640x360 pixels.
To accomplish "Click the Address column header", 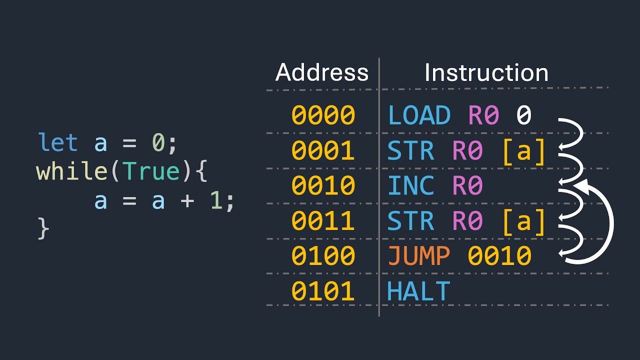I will click(322, 73).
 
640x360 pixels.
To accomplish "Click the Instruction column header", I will click(486, 73).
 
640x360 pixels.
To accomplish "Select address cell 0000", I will click(323, 115).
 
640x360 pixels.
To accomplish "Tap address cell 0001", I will click(323, 151).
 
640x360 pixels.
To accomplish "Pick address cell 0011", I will click(323, 221).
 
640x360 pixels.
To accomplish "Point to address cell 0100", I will click(323, 256).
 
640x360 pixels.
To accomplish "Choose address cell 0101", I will click(323, 291).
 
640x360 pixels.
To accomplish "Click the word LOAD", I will click(419, 115).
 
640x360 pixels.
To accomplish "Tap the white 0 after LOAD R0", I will click(523, 115).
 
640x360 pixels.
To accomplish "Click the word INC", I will click(411, 186).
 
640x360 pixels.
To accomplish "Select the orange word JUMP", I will click(419, 256).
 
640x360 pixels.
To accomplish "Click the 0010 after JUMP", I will click(499, 256).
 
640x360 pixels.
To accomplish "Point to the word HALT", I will click(419, 291).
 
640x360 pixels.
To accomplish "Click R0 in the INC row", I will click(467, 186).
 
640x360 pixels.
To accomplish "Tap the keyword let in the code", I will click(57, 143).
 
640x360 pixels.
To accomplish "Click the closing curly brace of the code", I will click(43, 229).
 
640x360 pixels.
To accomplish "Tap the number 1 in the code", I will click(215, 201).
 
